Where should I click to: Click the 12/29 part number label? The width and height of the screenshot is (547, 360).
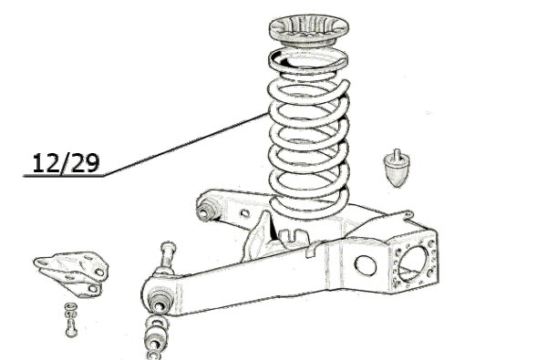[x=66, y=163]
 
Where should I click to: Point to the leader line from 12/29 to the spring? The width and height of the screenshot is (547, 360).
[x=186, y=144]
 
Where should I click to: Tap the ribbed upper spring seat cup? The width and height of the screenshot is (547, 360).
[x=309, y=30]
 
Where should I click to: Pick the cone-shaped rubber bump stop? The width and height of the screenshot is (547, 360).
[x=397, y=169]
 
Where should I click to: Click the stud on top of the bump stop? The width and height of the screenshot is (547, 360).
[x=397, y=155]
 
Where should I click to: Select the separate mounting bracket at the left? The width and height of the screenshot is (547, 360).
[x=71, y=273]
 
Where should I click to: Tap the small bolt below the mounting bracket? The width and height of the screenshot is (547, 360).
[x=71, y=328]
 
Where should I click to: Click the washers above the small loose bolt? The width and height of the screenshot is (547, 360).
[x=71, y=310]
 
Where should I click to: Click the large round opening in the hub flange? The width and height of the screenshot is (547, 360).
[x=412, y=264]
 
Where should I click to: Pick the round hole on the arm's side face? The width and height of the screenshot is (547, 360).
[x=366, y=265]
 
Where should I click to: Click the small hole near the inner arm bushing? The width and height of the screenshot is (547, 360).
[x=245, y=212]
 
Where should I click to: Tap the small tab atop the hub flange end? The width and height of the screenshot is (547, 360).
[x=407, y=214]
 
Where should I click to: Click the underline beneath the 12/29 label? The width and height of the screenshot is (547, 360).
[x=63, y=176]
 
